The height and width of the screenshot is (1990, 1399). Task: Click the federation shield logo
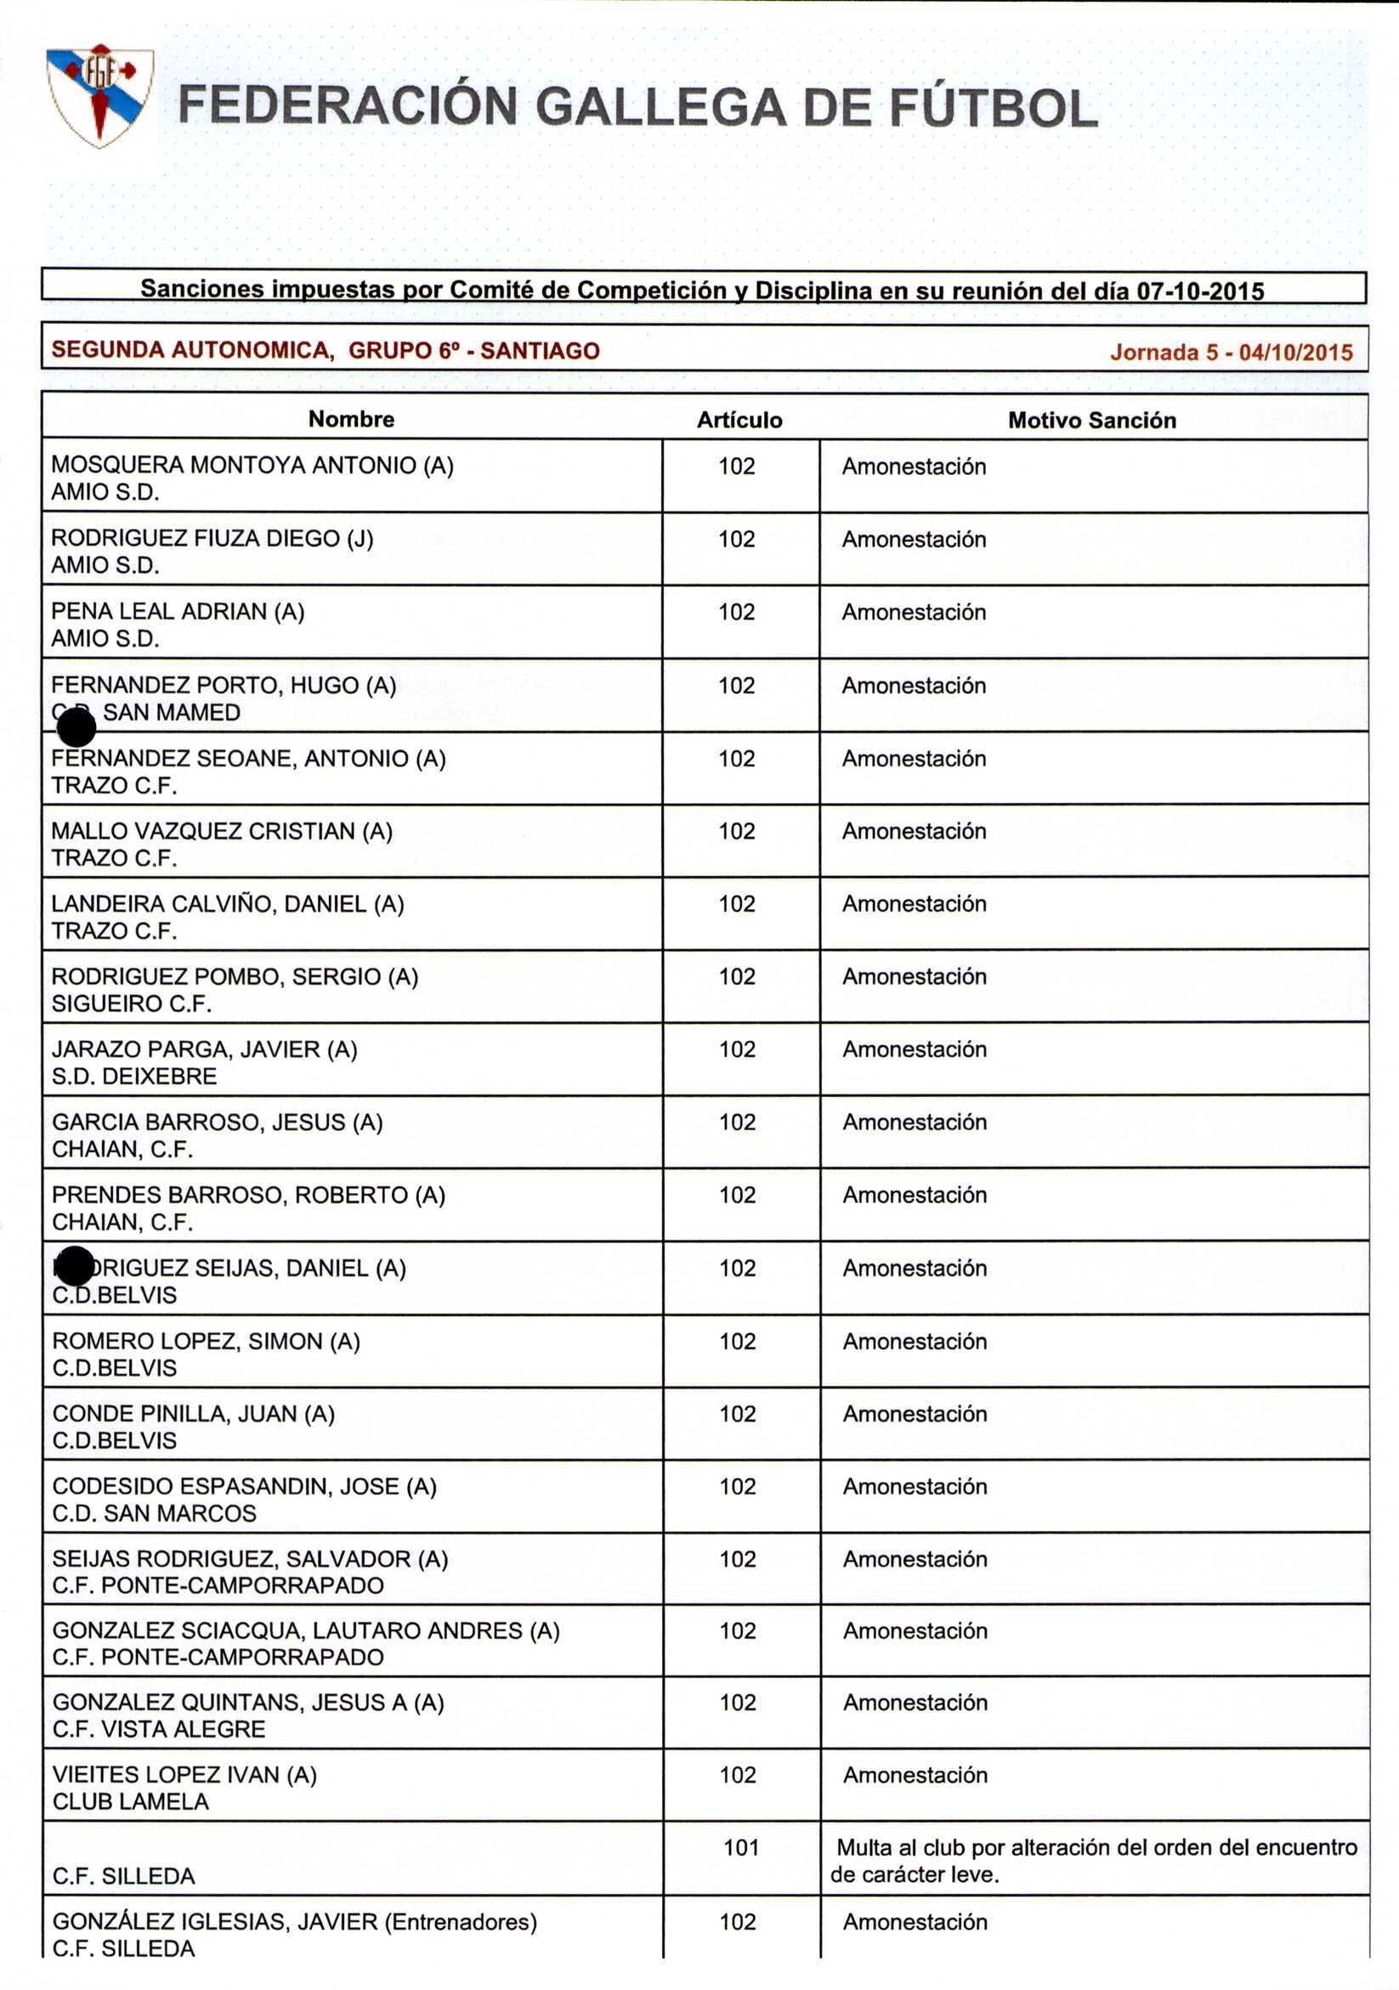pos(99,95)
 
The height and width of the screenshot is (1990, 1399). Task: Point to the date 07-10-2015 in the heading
pos(1199,291)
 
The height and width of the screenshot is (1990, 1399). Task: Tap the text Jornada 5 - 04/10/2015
pos(1231,352)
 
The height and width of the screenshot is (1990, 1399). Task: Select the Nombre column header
pos(351,420)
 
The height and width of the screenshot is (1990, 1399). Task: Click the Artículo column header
pos(739,421)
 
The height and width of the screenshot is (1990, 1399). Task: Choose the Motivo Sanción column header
pos(1091,421)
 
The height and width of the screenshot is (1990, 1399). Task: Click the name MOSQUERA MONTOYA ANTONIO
pos(234,466)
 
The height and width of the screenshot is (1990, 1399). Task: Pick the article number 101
pos(741,1847)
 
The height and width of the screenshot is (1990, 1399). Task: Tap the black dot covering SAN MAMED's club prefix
pos(76,726)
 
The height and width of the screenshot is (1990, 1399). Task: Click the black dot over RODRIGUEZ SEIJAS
pos(75,1266)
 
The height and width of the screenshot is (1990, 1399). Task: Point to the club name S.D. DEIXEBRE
pos(134,1077)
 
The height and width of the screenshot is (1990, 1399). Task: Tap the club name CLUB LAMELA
pos(131,1801)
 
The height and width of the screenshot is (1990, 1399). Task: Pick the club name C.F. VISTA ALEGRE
pos(159,1728)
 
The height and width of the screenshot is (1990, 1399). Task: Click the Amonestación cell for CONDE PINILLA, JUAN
pos(915,1414)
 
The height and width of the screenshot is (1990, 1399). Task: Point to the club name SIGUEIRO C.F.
pos(132,1003)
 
